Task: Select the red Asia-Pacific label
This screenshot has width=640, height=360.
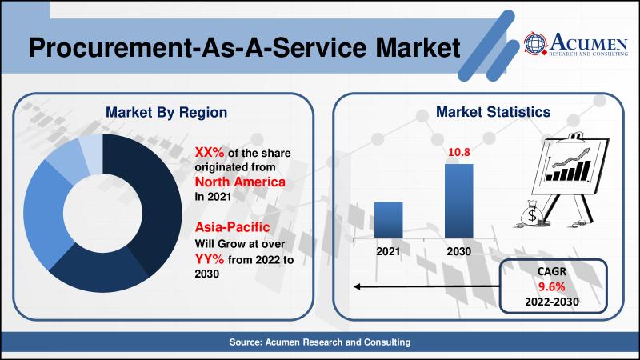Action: click(228, 228)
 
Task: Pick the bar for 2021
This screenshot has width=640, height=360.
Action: click(389, 218)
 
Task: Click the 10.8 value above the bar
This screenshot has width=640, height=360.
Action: click(459, 153)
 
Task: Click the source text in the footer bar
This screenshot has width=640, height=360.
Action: click(320, 342)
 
